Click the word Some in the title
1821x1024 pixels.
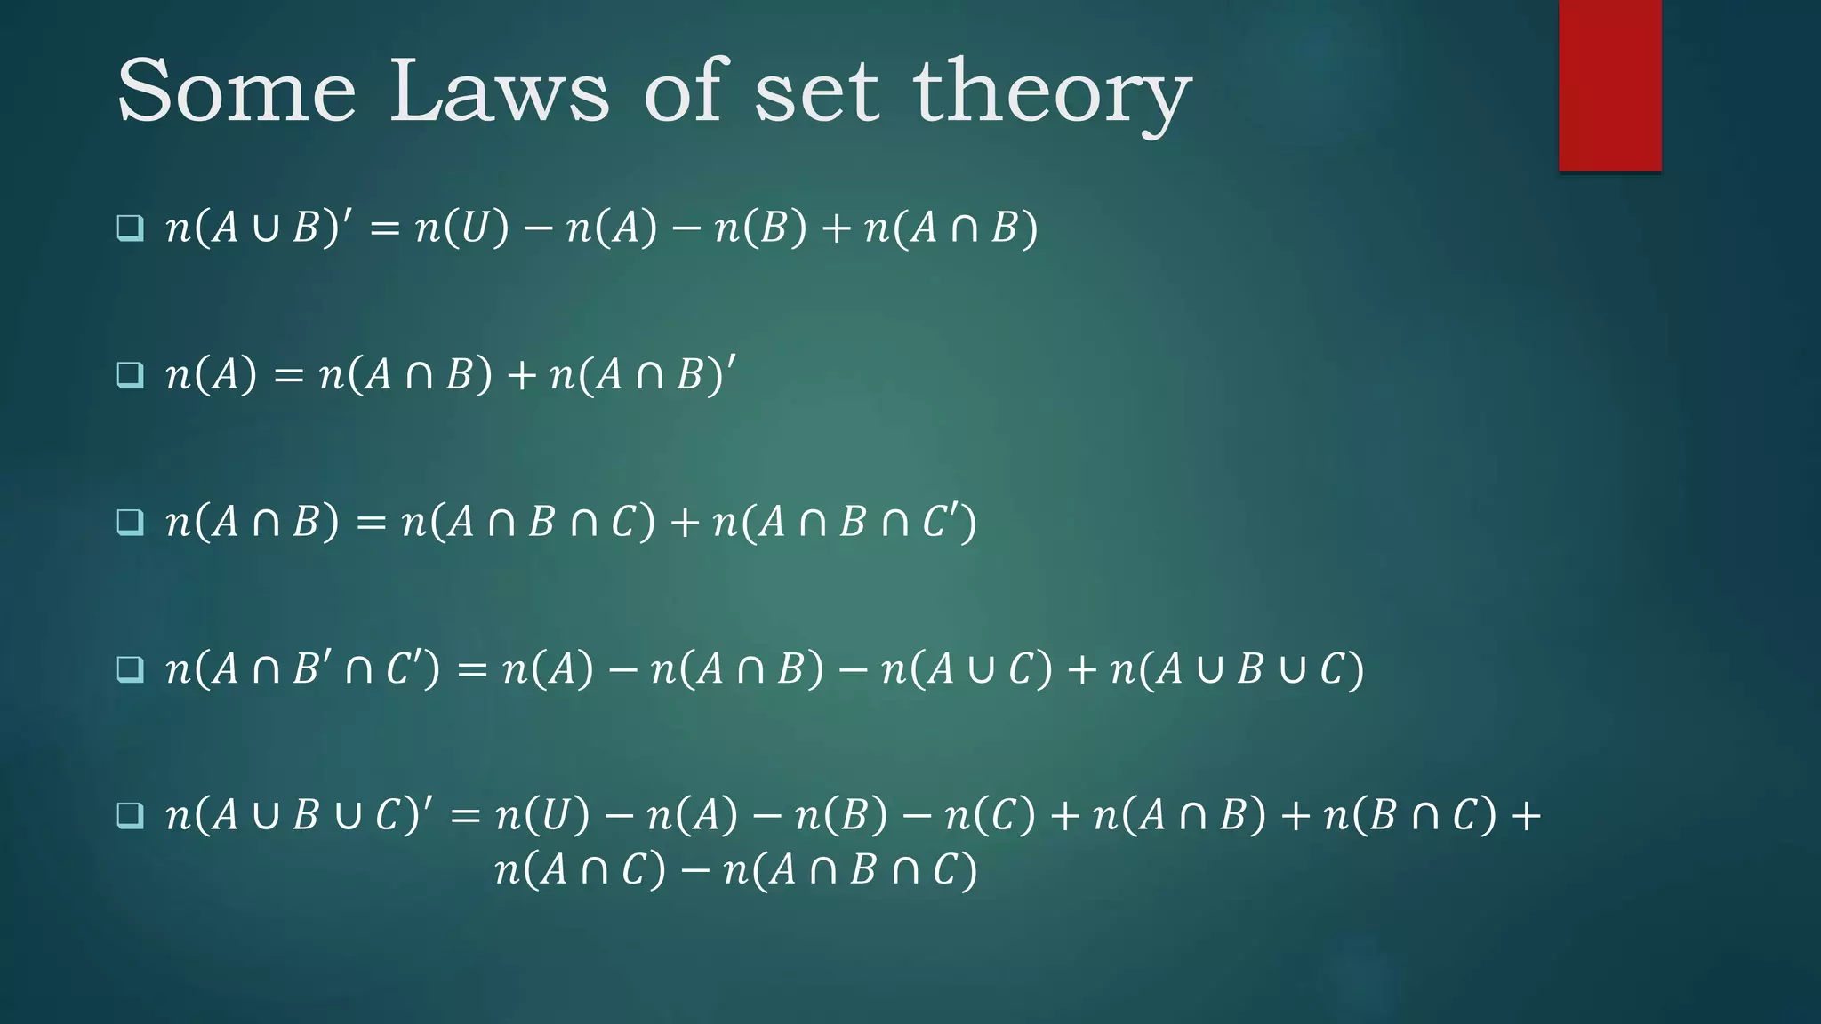(237, 91)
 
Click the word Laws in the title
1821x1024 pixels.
(499, 91)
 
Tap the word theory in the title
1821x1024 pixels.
(1052, 92)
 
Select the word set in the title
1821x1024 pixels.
(816, 92)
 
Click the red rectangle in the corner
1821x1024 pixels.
(1609, 85)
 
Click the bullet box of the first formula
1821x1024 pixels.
(131, 228)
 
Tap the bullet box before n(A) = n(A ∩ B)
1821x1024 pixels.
(131, 374)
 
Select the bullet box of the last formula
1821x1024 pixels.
(131, 814)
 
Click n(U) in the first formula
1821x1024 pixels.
(462, 228)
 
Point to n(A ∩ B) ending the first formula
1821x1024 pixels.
(951, 228)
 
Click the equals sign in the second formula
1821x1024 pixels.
(288, 375)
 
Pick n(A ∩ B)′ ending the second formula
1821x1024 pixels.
(642, 374)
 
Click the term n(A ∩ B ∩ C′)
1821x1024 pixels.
(845, 522)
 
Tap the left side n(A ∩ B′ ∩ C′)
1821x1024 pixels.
(302, 668)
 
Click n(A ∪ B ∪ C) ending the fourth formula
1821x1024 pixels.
(1237, 668)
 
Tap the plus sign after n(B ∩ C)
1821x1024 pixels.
(1526, 815)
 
